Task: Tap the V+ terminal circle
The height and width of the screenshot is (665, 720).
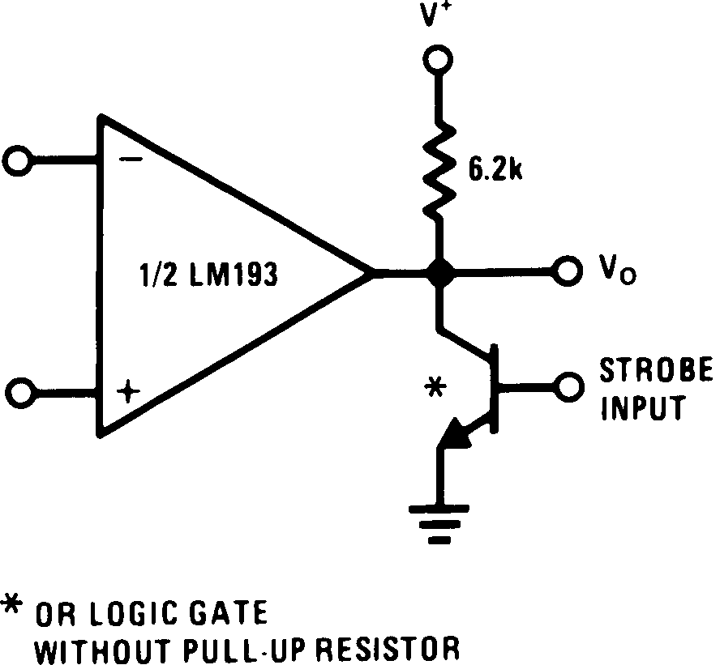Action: [439, 60]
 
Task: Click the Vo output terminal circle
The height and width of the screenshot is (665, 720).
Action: [565, 271]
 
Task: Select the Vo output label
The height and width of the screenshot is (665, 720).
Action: [616, 271]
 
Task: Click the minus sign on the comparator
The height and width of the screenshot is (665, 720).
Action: [130, 160]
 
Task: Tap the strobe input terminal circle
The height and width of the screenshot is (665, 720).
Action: [565, 385]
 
